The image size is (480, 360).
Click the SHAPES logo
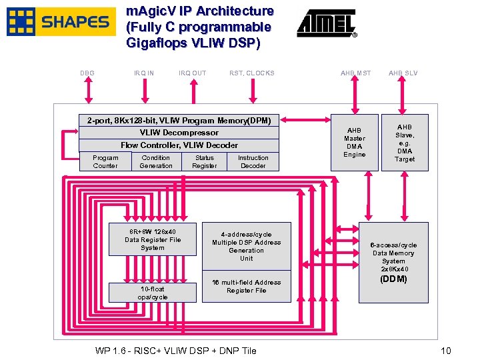tap(59, 22)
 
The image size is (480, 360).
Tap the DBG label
tap(87, 73)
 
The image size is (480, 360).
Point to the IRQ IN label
tap(143, 73)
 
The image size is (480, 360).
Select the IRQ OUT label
tap(193, 73)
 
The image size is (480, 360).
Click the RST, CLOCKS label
tap(251, 73)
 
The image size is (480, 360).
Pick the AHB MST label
tap(355, 73)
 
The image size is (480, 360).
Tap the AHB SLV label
tap(403, 73)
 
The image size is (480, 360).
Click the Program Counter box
tap(105, 162)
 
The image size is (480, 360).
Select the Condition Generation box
tap(156, 162)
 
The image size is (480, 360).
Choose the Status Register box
tap(205, 162)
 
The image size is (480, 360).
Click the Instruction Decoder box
tap(253, 162)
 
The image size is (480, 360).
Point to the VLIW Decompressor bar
tap(179, 133)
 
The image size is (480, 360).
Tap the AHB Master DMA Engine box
tap(355, 142)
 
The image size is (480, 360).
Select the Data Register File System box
tap(153, 240)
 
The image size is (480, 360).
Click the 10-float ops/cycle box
tap(153, 293)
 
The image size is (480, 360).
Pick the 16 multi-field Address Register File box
tap(246, 287)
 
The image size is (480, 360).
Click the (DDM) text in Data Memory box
tap(393, 279)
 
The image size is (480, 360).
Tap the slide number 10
tap(446, 351)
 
